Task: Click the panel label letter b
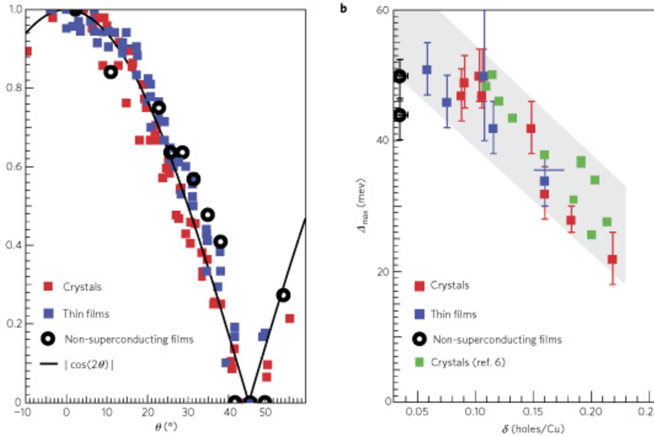coord(343,8)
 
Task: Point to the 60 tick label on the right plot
coord(382,10)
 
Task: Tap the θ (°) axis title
coord(166,427)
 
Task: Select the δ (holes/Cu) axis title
coord(533,429)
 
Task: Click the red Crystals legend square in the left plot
coord(48,286)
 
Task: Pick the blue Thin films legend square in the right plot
coord(419,314)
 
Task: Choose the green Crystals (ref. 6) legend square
coord(419,362)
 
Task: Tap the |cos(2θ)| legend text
coord(89,365)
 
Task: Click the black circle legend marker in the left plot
coord(48,339)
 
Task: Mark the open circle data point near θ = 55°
coord(283,296)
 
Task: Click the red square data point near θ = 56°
coord(290,318)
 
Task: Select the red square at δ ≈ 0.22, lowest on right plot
coord(612,259)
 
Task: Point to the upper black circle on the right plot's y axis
coord(400,76)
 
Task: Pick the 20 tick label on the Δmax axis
coord(383,272)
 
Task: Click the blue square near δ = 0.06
coord(427,70)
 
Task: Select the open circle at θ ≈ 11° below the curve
coord(110,72)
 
